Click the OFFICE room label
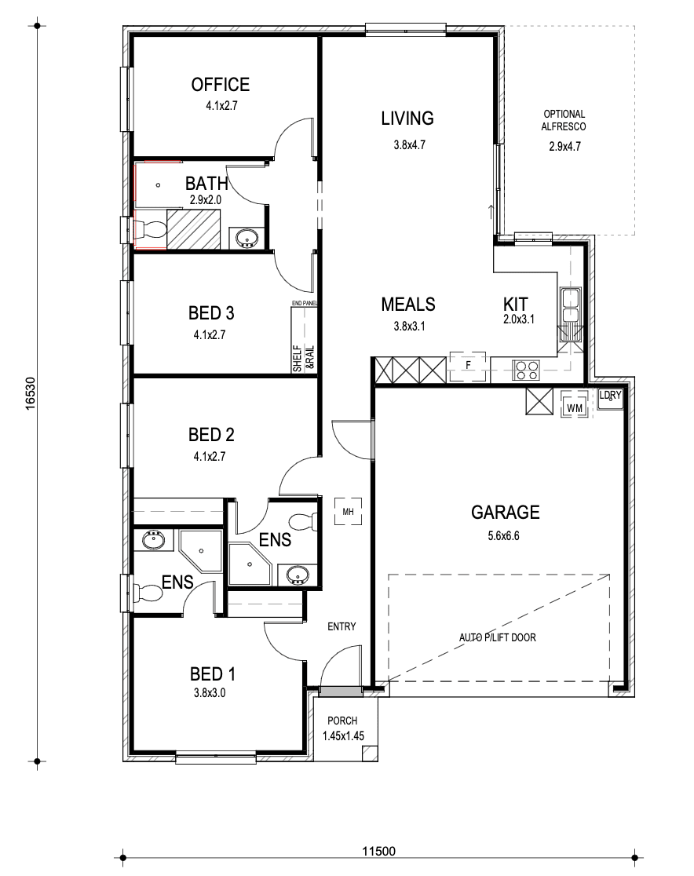click(220, 84)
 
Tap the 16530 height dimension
click(31, 394)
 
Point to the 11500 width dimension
click(378, 852)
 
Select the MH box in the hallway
click(348, 512)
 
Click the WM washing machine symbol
click(575, 403)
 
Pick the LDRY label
click(610, 396)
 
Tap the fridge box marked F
click(468, 366)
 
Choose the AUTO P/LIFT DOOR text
click(497, 637)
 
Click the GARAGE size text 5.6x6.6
click(503, 536)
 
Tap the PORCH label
click(342, 721)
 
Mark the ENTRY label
click(342, 627)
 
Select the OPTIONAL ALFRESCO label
click(564, 120)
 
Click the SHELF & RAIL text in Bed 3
click(304, 358)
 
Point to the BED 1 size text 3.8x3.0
click(210, 693)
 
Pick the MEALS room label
click(408, 305)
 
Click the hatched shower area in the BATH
click(194, 229)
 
